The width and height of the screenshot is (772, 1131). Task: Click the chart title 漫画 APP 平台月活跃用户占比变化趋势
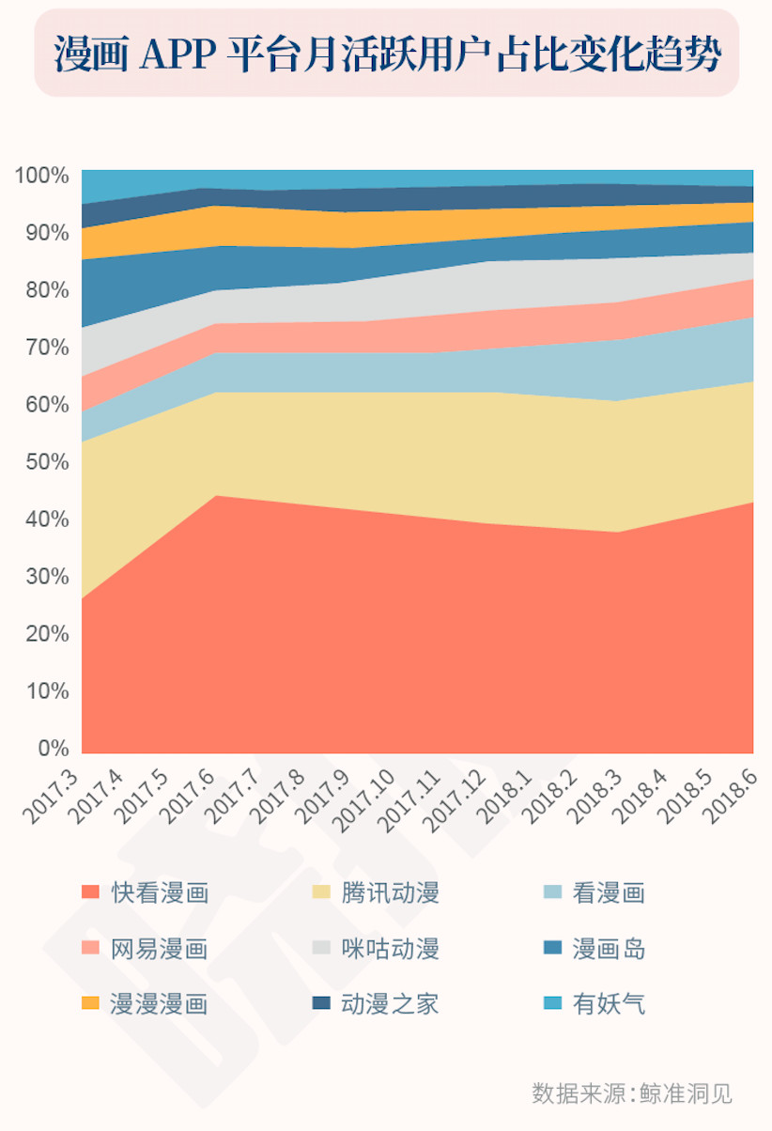[386, 54]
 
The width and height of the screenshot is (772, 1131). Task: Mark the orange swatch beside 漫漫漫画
[90, 1003]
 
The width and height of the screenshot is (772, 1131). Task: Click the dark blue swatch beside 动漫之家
[321, 1003]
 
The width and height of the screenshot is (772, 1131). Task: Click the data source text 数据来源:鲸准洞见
[631, 1093]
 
